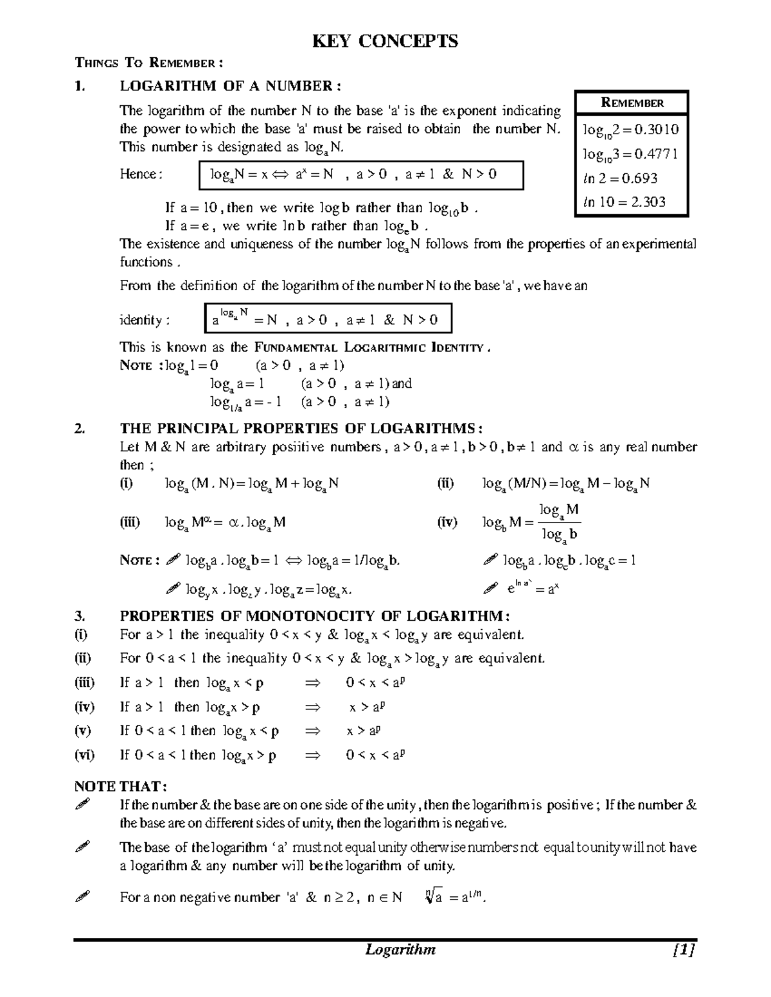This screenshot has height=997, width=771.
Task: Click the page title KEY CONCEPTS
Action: point(385,42)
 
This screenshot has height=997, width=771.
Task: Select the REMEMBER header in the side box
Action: point(632,103)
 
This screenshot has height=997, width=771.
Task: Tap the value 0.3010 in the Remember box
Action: point(656,130)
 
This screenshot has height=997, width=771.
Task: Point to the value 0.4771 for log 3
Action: point(656,154)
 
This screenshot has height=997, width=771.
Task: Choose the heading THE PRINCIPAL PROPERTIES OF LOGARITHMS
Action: point(301,429)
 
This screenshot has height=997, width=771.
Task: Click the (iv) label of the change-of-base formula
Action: point(447,523)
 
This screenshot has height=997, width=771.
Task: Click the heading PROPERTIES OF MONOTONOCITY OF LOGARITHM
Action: point(315,616)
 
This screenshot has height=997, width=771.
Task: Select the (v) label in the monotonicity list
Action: point(84,731)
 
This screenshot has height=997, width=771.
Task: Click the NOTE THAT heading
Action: point(120,786)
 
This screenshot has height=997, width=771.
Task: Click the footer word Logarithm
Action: point(400,949)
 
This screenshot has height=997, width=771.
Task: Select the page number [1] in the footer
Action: point(685,949)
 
